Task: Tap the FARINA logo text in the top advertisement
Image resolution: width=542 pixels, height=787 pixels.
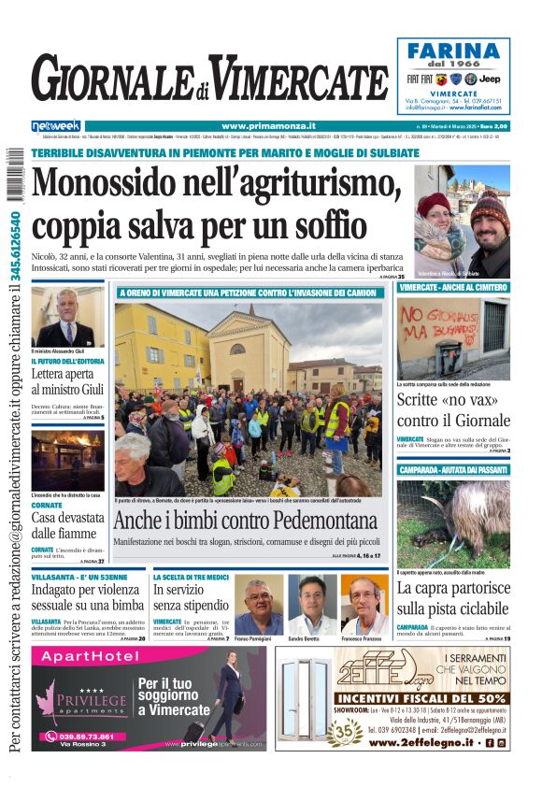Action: pyautogui.click(x=453, y=50)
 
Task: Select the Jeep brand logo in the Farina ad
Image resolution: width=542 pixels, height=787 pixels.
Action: pyautogui.click(x=490, y=79)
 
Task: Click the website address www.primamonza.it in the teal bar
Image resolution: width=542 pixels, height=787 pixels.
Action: pyautogui.click(x=268, y=126)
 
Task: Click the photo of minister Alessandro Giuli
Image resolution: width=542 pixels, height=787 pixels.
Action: pyautogui.click(x=67, y=316)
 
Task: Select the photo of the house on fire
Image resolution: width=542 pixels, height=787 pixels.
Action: pyautogui.click(x=67, y=459)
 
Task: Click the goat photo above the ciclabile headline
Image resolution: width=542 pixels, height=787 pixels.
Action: pyautogui.click(x=452, y=523)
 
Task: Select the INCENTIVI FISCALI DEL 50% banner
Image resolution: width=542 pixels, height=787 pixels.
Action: pyautogui.click(x=421, y=697)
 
